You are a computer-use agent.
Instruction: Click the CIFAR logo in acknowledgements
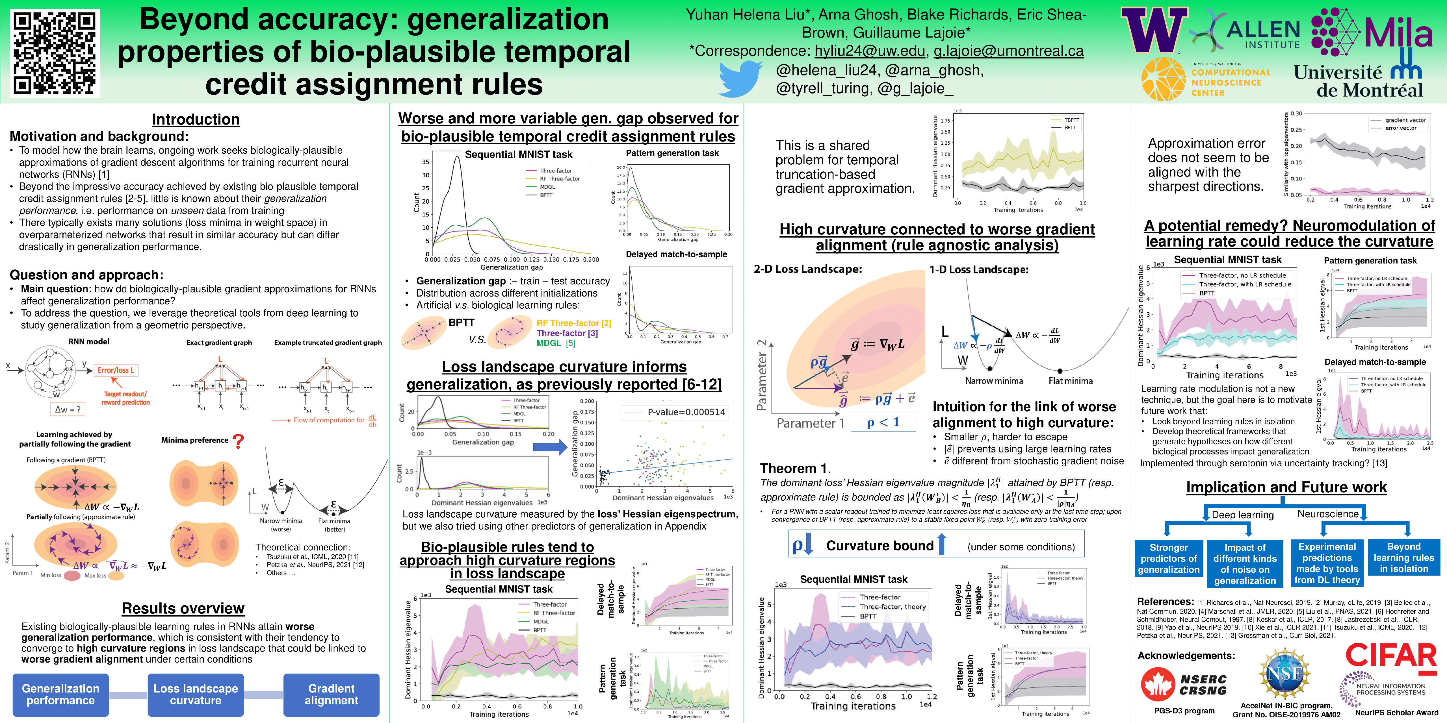tap(1390, 656)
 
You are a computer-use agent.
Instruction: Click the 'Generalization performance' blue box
tap(61, 694)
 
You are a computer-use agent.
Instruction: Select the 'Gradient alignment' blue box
tap(332, 694)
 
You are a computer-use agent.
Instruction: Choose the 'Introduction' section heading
tap(196, 119)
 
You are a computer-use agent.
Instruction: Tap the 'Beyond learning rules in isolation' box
tap(1404, 558)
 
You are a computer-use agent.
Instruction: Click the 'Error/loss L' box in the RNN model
tap(116, 371)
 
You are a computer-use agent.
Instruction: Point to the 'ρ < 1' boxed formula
tap(883, 422)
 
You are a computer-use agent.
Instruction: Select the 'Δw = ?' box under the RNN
tap(68, 409)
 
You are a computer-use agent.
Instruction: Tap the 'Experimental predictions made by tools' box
tap(1327, 563)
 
